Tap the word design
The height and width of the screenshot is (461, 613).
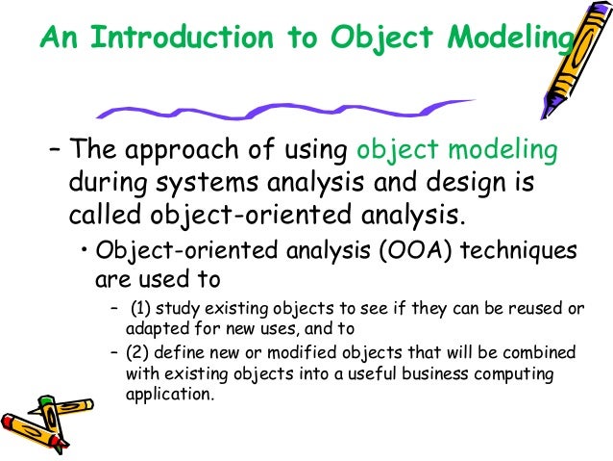click(448, 183)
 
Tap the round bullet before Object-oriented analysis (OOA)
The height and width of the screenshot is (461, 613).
click(86, 252)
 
